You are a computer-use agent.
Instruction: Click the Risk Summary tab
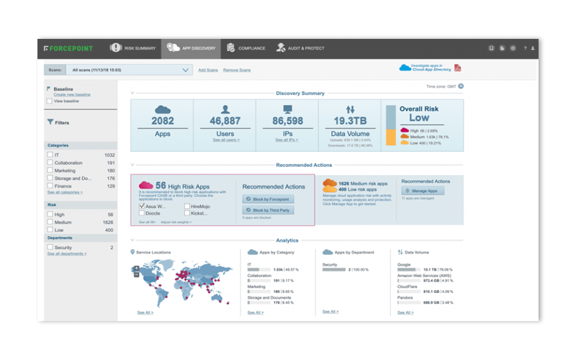pyautogui.click(x=134, y=48)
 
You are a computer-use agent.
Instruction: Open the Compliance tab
pyautogui.click(x=246, y=48)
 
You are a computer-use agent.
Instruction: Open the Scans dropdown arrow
pyautogui.click(x=186, y=70)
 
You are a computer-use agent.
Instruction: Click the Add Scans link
pyautogui.click(x=208, y=70)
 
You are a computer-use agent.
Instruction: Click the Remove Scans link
pyautogui.click(x=237, y=70)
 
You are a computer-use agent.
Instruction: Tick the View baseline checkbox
pyautogui.click(x=50, y=102)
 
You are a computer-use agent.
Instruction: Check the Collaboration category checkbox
pyautogui.click(x=50, y=163)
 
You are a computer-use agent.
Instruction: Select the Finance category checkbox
pyautogui.click(x=50, y=186)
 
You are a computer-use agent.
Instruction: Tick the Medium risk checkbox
pyautogui.click(x=50, y=222)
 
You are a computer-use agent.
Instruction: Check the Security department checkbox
pyautogui.click(x=50, y=247)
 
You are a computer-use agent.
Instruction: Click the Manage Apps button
pyautogui.click(x=423, y=191)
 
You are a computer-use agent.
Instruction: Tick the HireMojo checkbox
pyautogui.click(x=186, y=206)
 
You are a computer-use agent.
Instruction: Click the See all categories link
pyautogui.click(x=65, y=193)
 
